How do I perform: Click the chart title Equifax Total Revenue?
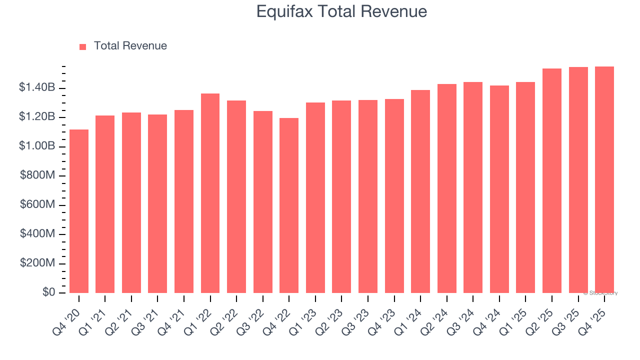pos(341,11)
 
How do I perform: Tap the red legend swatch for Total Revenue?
pos(82,46)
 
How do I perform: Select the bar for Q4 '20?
pos(79,211)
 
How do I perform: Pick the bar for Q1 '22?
pos(210,193)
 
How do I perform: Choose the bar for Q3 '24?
pos(473,187)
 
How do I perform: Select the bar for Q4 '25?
pos(604,179)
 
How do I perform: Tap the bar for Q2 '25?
pos(551,180)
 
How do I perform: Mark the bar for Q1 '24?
pos(420,191)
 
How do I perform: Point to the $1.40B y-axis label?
pos(37,88)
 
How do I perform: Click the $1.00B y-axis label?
pos(37,146)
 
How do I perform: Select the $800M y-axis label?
pos(37,175)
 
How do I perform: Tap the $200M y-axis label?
pos(37,263)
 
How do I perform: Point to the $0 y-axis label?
pos(48,292)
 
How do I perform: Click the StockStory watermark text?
pos(600,293)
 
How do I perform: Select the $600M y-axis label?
pos(37,205)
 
